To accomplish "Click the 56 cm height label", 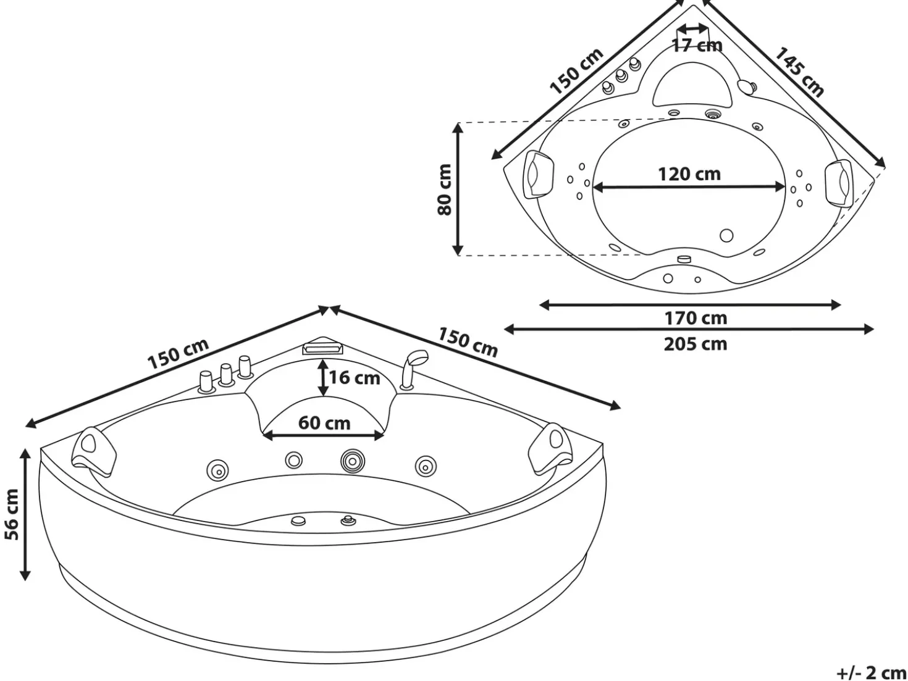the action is pos(12,514).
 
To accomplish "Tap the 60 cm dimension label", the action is pos(324,423).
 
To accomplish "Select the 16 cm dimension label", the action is pos(355,377).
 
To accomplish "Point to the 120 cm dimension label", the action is pos(689,174).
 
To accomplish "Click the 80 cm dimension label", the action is pos(445,190).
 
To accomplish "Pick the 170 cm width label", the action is pos(696,319).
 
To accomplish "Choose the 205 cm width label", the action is pos(696,344).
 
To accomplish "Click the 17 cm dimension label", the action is pos(697,45).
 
